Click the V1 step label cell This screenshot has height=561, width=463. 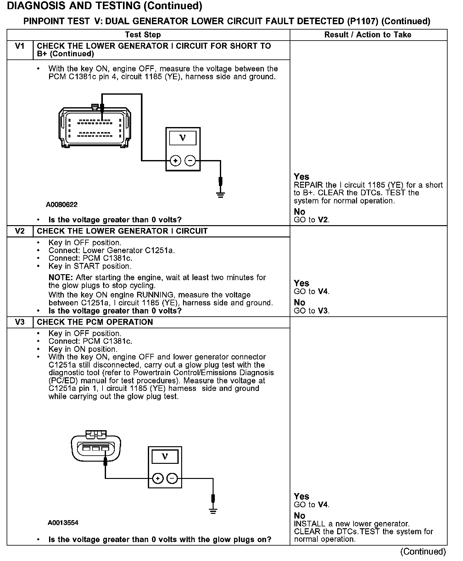coord(20,47)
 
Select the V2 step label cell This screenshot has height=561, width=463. coord(20,231)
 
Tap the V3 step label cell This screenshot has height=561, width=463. coord(20,322)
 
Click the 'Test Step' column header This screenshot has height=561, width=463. coord(143,35)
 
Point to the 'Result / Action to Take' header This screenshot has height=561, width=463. coord(368,35)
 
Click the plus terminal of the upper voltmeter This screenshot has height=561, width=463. coord(175,161)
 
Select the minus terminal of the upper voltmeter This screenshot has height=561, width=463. coord(190,161)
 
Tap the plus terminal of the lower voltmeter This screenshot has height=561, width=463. coord(158,479)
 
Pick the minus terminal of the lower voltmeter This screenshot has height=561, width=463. coord(172,479)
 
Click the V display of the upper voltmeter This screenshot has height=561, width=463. coord(182,138)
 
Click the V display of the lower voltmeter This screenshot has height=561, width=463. coord(165,456)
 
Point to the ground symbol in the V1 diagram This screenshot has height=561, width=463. coord(220,195)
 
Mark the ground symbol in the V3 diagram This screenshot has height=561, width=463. coord(213,511)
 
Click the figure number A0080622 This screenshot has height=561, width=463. coord(62,205)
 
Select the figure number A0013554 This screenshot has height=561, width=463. coord(63,523)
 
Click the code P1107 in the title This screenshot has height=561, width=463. coord(363,21)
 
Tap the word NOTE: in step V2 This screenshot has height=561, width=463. coord(61,278)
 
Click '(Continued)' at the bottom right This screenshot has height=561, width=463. coord(423,552)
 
